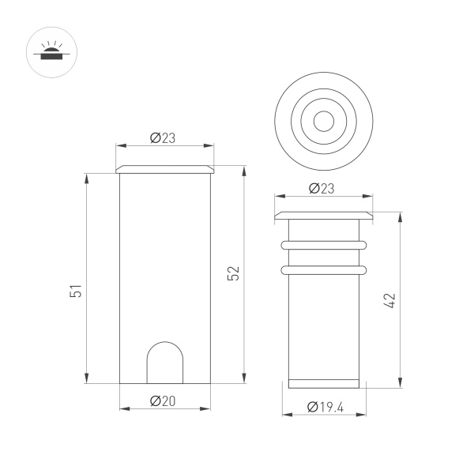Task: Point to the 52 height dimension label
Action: (x=233, y=273)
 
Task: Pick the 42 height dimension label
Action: (x=390, y=300)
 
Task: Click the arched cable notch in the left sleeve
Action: (x=165, y=363)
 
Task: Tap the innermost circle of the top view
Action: (x=323, y=121)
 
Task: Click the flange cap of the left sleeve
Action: (x=165, y=169)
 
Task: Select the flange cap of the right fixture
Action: (x=324, y=216)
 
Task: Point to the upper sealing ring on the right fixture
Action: (x=324, y=244)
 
